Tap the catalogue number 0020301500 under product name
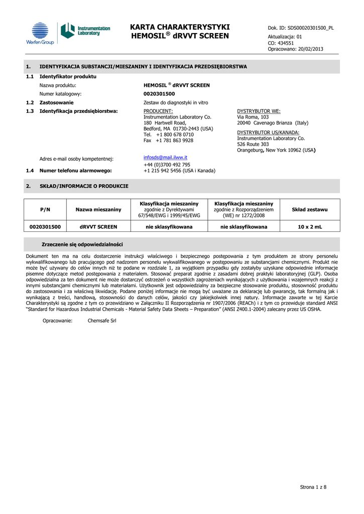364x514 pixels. [x=159, y=94]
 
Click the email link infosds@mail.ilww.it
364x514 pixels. [x=165, y=158]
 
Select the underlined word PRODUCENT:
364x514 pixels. [x=158, y=111]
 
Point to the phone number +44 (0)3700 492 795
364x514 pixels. [x=167, y=165]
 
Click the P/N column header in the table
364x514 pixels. [x=45, y=209]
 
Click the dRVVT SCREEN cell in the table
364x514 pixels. [x=98, y=227]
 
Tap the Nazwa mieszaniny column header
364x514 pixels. [x=98, y=209]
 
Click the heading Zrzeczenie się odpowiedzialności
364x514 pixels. [x=82, y=244]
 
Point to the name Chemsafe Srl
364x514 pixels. [x=102, y=320]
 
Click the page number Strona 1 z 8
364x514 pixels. [x=313, y=487]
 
